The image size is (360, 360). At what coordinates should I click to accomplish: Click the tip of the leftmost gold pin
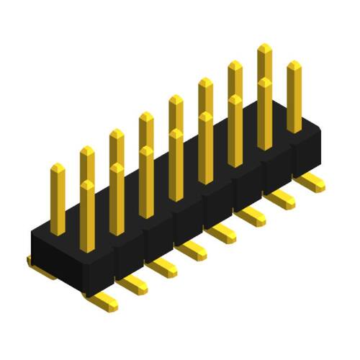coord(58,168)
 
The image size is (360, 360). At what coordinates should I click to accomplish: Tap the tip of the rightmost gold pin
coord(294,65)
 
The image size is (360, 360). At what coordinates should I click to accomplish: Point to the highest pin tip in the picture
coord(264,48)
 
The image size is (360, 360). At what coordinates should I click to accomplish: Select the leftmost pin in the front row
coord(87,216)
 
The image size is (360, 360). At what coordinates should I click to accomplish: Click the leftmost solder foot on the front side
coord(101,301)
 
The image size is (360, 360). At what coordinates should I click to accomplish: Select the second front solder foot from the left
coord(132,285)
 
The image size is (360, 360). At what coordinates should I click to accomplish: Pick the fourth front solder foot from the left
coord(193,250)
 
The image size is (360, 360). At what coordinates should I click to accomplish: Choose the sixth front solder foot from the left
coord(252,215)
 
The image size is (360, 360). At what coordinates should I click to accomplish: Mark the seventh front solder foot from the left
coord(282,199)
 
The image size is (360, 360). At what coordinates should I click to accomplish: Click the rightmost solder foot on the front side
coord(311,181)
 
